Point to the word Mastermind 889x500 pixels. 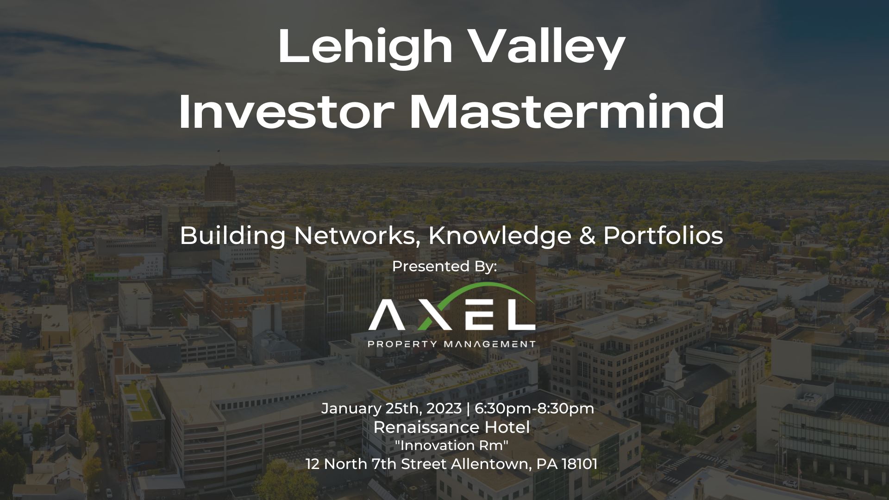(567, 112)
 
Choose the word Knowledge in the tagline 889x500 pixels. (500, 236)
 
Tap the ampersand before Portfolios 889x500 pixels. (587, 236)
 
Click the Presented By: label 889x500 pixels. (444, 267)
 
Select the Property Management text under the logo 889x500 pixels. (451, 344)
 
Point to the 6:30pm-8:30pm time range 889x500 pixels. (534, 408)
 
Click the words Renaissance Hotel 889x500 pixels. (451, 427)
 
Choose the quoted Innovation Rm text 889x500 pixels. (451, 445)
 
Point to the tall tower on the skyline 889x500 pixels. (220, 183)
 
